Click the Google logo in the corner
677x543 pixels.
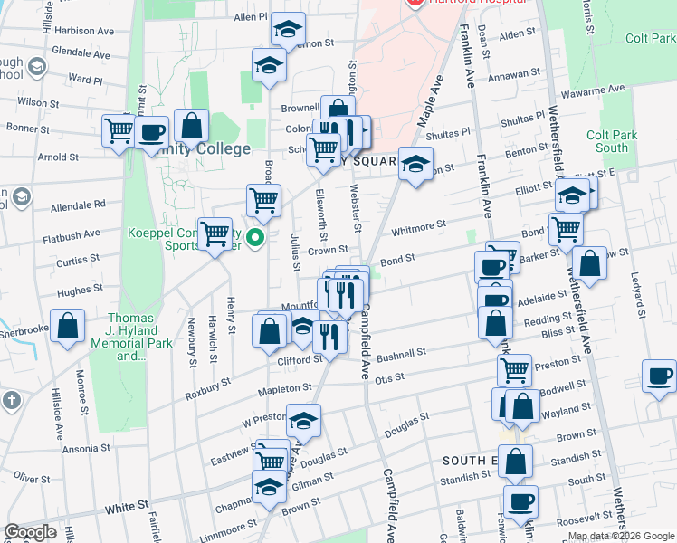[31, 532]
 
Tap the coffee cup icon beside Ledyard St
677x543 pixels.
[659, 375]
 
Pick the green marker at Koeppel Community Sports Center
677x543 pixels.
[256, 239]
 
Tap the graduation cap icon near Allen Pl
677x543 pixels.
[288, 32]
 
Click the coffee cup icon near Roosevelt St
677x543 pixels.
[520, 500]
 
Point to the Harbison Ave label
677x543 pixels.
[84, 31]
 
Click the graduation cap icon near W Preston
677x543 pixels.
[302, 420]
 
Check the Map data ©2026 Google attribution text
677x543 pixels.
[621, 536]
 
